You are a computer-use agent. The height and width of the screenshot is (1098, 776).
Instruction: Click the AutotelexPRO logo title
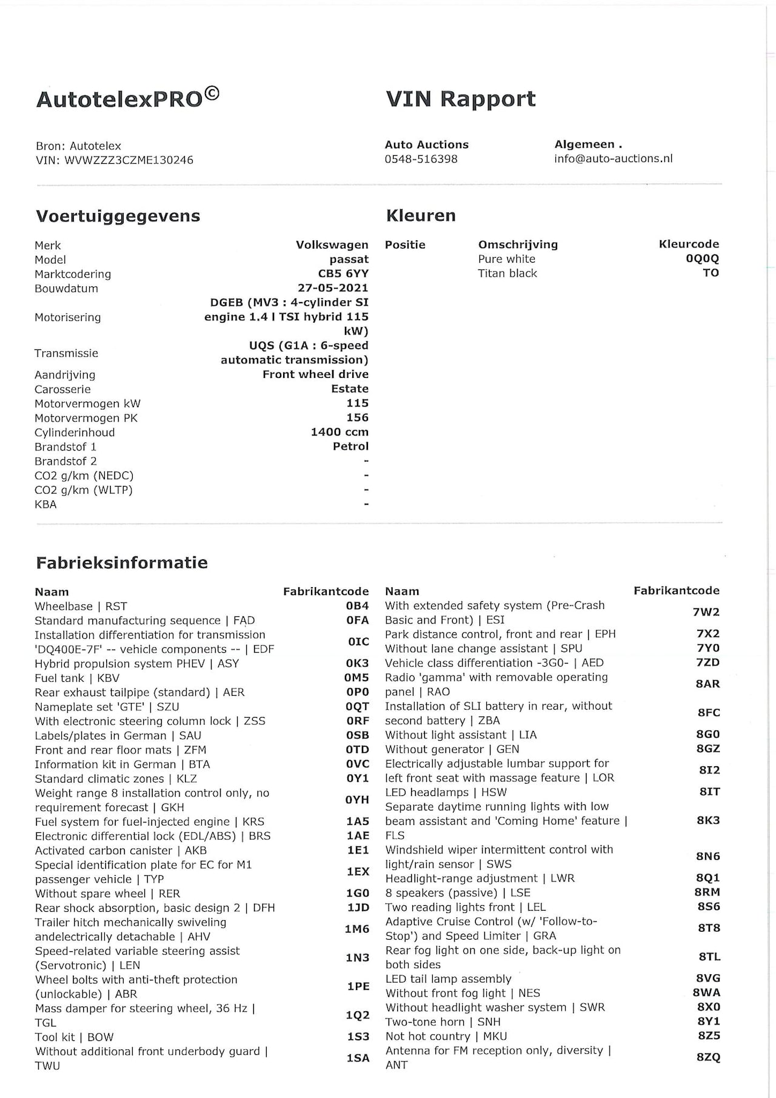pyautogui.click(x=127, y=98)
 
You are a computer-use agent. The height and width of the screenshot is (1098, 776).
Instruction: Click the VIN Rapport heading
pyautogui.click(x=461, y=99)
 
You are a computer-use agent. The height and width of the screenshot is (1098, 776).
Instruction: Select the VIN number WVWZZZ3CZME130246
pyautogui.click(x=129, y=160)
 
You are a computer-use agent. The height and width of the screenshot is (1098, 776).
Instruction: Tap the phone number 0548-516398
pyautogui.click(x=421, y=159)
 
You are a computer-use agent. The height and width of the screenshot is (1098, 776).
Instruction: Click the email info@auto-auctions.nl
pyautogui.click(x=613, y=158)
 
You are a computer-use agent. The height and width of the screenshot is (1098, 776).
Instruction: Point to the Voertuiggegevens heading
pyautogui.click(x=118, y=216)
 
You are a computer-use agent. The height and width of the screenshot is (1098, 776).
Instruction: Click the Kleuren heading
pyautogui.click(x=421, y=215)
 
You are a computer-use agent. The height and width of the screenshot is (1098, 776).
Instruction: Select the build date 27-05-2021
pyautogui.click(x=332, y=288)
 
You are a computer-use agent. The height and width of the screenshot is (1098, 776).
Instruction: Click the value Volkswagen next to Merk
pyautogui.click(x=332, y=245)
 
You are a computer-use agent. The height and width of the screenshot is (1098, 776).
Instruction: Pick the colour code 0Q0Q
pyautogui.click(x=702, y=258)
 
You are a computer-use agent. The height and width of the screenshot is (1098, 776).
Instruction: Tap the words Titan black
pyautogui.click(x=507, y=274)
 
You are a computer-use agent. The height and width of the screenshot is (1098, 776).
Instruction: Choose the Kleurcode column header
pyautogui.click(x=689, y=244)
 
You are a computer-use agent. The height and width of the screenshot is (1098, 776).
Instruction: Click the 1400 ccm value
pyautogui.click(x=339, y=433)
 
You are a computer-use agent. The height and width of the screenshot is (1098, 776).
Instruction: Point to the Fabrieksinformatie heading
pyautogui.click(x=122, y=562)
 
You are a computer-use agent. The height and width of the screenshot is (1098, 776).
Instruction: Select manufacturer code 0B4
pyautogui.click(x=357, y=606)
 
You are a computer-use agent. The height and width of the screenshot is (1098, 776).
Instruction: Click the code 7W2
pyautogui.click(x=706, y=612)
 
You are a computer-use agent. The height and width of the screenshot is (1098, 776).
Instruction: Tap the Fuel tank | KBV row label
pyautogui.click(x=77, y=678)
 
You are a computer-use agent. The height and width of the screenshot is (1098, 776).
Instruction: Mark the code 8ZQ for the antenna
pyautogui.click(x=708, y=1057)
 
